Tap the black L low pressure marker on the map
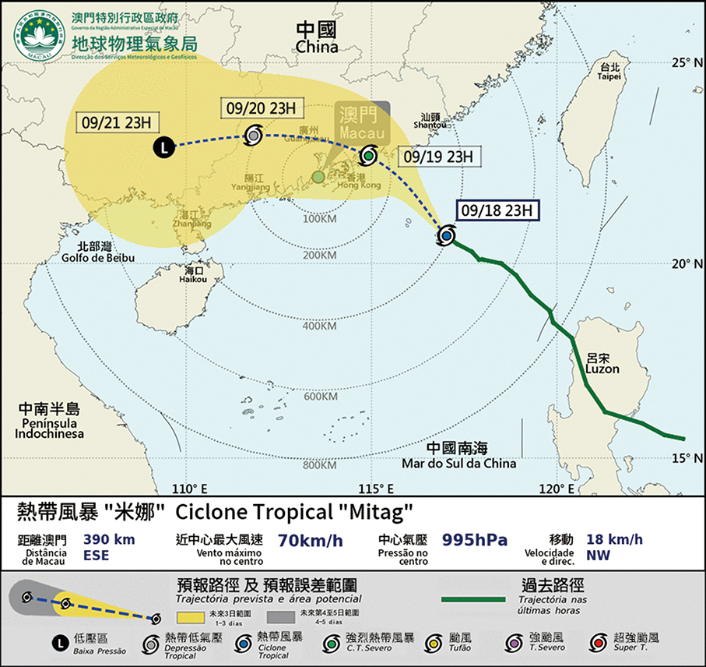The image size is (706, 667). click(x=163, y=146)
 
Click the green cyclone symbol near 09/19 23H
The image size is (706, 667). click(x=368, y=156)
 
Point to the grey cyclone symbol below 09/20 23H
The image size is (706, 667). click(x=253, y=135)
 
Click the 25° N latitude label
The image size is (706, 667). click(x=687, y=62)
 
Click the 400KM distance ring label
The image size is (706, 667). click(x=319, y=325)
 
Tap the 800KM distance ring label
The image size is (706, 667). click(x=319, y=466)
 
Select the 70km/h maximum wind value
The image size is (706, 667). click(x=310, y=540)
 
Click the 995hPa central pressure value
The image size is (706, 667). click(x=476, y=540)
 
